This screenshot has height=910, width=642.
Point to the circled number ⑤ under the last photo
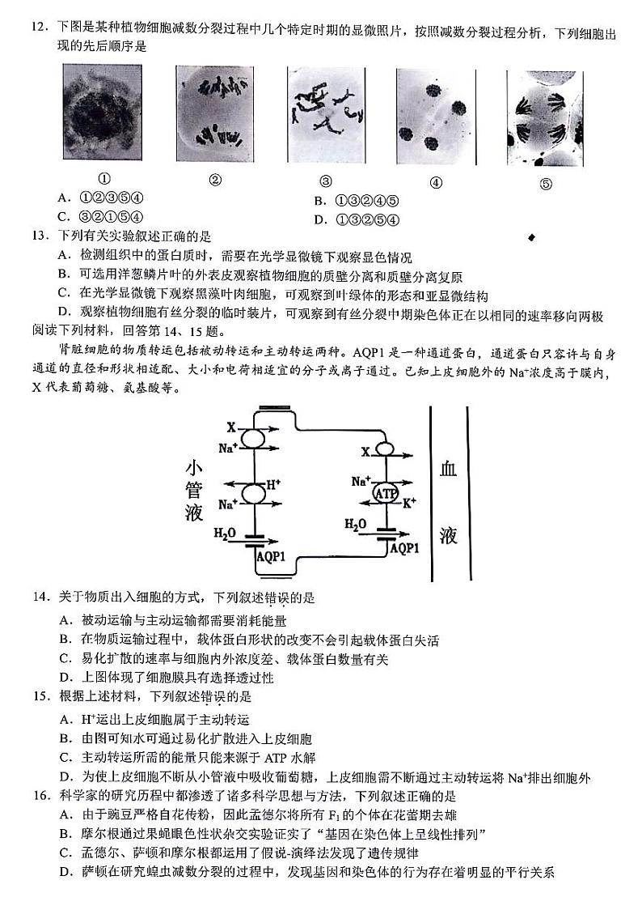(x=545, y=183)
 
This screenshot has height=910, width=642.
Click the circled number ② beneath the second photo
(x=215, y=181)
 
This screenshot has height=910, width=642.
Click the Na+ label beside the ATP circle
(x=361, y=482)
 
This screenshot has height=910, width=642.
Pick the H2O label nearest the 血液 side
(x=356, y=525)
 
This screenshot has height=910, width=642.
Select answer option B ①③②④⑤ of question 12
(x=357, y=201)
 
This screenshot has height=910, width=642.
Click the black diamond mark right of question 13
(x=531, y=237)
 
